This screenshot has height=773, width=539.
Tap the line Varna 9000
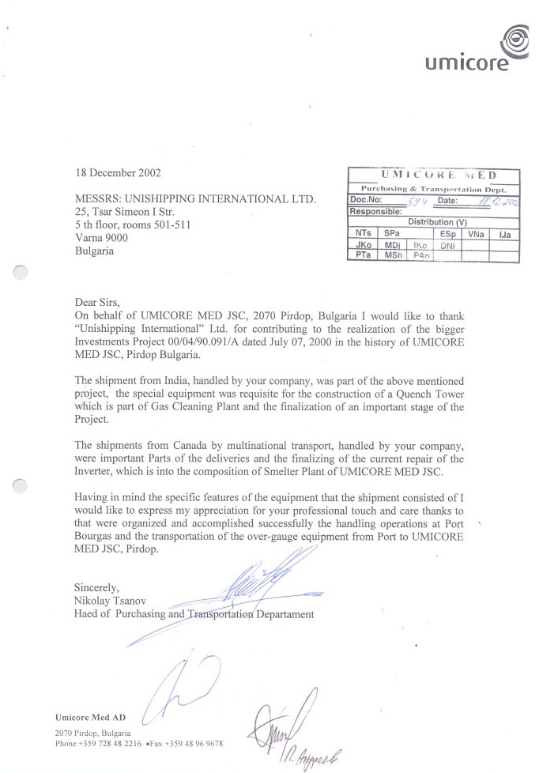[100, 238]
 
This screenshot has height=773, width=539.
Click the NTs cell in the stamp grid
[362, 234]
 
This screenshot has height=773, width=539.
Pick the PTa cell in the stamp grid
[362, 256]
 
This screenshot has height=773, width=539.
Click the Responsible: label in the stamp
[375, 212]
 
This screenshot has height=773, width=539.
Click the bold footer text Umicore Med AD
[91, 718]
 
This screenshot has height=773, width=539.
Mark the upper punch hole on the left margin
[22, 273]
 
